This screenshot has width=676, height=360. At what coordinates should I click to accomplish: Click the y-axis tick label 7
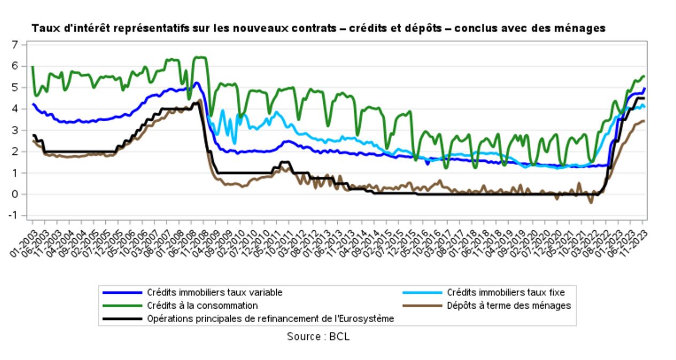click(x=15, y=44)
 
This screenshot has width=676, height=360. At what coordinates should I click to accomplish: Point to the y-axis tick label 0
click(x=15, y=194)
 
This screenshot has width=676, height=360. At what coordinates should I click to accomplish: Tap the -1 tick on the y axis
click(x=14, y=216)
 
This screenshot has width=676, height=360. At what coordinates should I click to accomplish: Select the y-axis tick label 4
click(x=15, y=108)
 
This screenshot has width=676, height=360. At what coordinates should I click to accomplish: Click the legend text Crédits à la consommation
click(x=202, y=306)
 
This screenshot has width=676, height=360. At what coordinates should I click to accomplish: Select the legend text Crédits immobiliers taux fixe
click(x=506, y=293)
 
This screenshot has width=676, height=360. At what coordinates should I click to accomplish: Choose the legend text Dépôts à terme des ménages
click(x=509, y=306)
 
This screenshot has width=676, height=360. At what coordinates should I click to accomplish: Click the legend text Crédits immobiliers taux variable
click(x=214, y=293)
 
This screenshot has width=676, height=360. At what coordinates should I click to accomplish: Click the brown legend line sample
click(x=422, y=306)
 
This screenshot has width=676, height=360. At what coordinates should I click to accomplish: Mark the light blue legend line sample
click(x=422, y=293)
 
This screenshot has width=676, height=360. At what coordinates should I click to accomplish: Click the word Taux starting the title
click(x=43, y=28)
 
